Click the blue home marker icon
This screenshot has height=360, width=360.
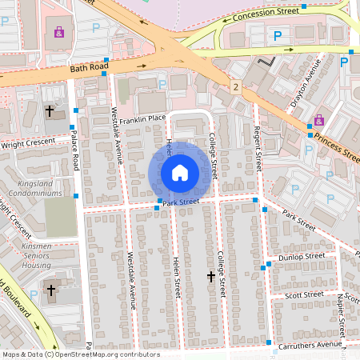(180, 172)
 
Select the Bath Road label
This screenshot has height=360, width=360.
(88, 68)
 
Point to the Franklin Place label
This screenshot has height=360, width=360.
(143, 118)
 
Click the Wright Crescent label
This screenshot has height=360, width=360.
(30, 143)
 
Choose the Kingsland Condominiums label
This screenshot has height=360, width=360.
(33, 189)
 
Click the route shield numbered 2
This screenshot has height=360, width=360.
(236, 85)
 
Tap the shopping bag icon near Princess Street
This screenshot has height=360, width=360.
(319, 120)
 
